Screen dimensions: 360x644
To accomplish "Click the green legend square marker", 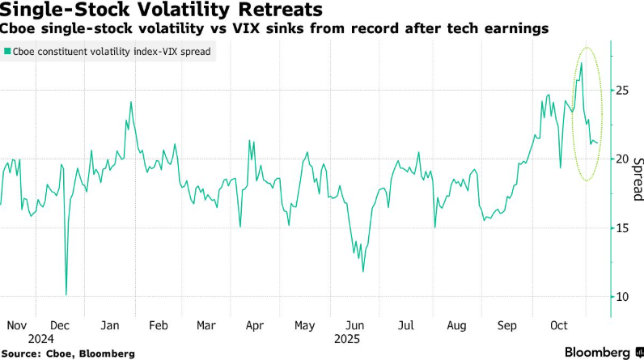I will [x=7, y=51].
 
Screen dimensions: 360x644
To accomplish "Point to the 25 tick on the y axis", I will [x=622, y=90].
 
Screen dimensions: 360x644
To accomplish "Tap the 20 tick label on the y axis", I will [x=622, y=159].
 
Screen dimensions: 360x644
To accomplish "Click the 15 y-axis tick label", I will [x=622, y=228].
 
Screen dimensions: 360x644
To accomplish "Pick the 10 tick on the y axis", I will [x=622, y=297].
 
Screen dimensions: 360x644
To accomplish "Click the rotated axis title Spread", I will [x=637, y=179].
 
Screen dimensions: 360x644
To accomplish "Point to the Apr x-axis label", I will [x=254, y=325].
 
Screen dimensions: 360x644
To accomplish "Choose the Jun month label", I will [x=354, y=325].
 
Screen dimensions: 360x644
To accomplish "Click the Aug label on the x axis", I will [x=456, y=325].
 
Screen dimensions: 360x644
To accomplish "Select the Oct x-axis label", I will [x=559, y=325].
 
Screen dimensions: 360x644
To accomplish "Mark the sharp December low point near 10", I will [x=66, y=294].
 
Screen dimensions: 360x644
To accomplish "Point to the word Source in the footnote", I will [x=23, y=354].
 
